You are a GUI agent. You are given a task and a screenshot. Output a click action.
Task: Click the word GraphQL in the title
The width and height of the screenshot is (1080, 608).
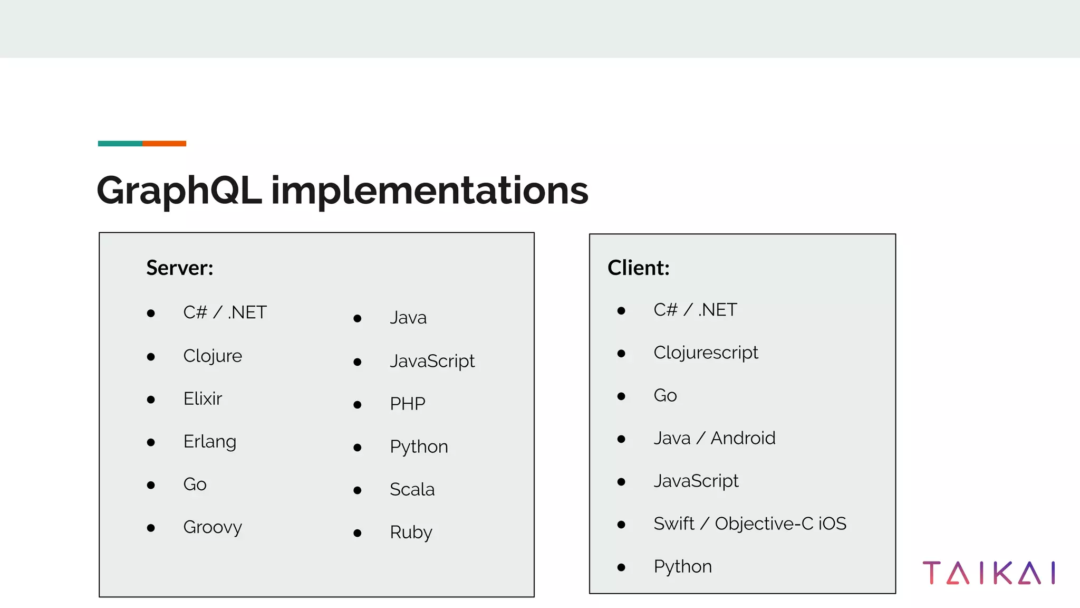(x=179, y=191)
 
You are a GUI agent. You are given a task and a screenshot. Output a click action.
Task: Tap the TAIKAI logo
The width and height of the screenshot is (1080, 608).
(x=989, y=573)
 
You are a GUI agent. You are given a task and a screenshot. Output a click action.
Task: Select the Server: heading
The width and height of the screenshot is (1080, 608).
(x=180, y=268)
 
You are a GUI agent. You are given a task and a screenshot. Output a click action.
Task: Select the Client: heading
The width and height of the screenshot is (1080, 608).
(x=638, y=268)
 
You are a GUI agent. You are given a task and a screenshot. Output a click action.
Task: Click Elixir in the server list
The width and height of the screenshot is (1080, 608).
(x=202, y=399)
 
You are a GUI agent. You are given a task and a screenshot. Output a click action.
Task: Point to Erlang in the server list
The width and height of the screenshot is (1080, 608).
(x=209, y=442)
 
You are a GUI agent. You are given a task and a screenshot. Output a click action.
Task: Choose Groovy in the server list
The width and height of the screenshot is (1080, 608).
(x=213, y=527)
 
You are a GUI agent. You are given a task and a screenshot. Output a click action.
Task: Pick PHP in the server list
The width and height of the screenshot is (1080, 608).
(x=407, y=404)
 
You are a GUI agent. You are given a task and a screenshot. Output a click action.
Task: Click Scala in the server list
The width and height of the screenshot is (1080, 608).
(x=412, y=490)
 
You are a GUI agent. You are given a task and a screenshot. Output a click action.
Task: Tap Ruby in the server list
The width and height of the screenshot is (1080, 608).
(x=411, y=533)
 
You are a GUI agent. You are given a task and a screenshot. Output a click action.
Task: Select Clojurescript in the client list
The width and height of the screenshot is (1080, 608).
(x=706, y=353)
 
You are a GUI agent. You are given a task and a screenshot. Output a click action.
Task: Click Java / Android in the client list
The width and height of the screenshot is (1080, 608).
(x=714, y=438)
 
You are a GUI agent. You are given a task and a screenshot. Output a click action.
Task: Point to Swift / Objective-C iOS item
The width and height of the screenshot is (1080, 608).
(x=749, y=524)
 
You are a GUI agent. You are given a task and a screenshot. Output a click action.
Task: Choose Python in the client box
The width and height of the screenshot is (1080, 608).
(x=682, y=567)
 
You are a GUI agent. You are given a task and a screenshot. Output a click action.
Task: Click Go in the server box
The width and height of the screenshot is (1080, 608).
(x=195, y=484)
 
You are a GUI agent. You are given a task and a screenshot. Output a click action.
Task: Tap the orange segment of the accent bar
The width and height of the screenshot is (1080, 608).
(x=164, y=144)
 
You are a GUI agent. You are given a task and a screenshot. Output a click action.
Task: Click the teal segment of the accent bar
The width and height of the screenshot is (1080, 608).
(x=120, y=144)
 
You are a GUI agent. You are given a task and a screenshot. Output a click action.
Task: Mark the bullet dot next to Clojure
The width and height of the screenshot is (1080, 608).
(x=151, y=357)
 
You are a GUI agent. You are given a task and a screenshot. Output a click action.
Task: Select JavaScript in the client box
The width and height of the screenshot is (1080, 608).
(x=696, y=481)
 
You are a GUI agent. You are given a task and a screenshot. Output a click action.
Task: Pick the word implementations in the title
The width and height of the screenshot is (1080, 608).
(x=429, y=191)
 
